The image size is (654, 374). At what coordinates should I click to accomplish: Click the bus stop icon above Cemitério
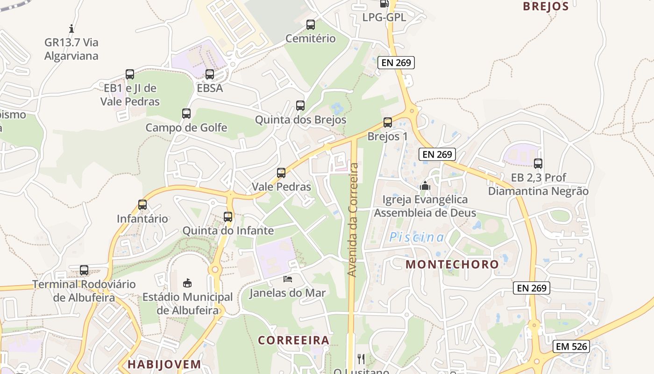[310, 25]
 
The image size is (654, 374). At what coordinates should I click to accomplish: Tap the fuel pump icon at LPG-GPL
[384, 4]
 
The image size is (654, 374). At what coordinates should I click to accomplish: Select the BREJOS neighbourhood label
[546, 7]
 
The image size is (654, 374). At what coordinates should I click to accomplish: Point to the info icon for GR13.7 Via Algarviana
[71, 29]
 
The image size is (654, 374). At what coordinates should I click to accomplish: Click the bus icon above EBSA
[210, 74]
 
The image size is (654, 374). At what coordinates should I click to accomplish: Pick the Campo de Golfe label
[186, 128]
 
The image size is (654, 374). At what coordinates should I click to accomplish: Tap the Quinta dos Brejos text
[300, 120]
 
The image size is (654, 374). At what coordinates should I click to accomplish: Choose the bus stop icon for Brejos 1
[387, 122]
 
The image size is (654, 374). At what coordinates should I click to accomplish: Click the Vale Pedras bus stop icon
[281, 173]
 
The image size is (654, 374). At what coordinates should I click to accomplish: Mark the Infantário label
[142, 218]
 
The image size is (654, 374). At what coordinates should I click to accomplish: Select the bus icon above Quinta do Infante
[228, 217]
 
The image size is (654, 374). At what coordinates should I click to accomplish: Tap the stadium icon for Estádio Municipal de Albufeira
[187, 283]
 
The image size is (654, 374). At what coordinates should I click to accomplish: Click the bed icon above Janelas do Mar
[288, 279]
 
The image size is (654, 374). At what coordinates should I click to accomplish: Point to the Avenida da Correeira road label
[354, 219]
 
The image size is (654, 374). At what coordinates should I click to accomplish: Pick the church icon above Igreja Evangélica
[425, 186]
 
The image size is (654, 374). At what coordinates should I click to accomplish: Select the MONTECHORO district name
[452, 264]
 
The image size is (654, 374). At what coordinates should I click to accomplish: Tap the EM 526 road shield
[571, 346]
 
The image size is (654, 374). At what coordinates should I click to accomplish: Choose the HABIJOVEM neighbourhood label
[164, 364]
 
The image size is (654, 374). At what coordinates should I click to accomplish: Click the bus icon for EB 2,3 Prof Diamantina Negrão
[538, 164]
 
